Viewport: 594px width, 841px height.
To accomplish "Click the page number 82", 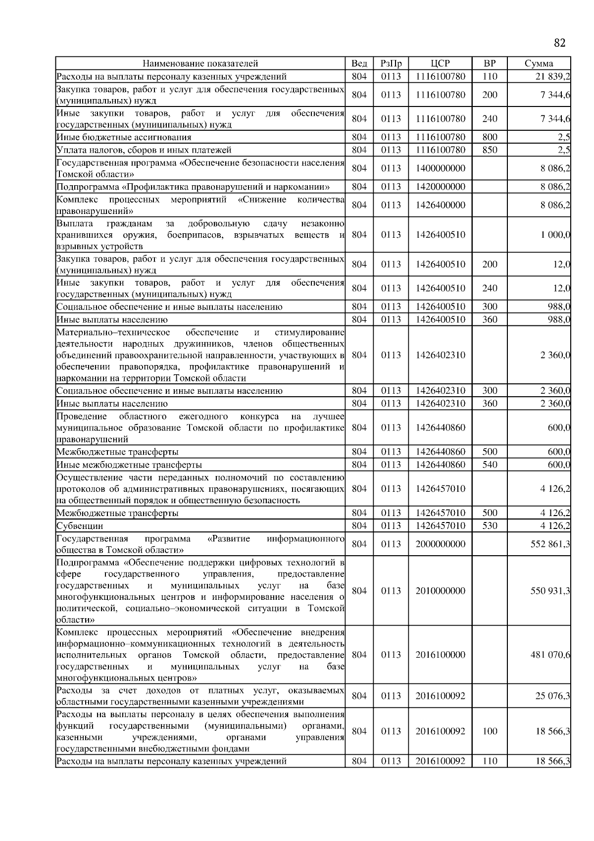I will pos(559,43).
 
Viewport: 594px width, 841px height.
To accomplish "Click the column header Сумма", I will pos(539,63).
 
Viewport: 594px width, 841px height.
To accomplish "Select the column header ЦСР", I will pos(440,63).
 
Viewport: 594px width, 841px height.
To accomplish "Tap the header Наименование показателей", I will pos(200,63).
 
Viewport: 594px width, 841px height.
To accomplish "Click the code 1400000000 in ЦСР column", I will pos(441,168).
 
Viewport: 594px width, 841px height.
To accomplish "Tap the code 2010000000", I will pos(441,590).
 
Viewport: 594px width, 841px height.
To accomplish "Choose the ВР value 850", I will pos(490,150).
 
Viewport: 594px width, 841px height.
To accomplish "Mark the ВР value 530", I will pos(490,526).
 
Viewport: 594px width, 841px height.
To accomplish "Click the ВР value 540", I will pos(490,465).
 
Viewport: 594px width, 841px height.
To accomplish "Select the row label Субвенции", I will pos(80,526).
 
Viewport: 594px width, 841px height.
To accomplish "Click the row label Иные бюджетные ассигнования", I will pos(124,137).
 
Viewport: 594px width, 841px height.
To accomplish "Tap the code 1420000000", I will pos(441,187).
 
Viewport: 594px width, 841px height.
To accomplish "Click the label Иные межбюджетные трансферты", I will pos(129,465).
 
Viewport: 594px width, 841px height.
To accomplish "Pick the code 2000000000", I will pos(441,544).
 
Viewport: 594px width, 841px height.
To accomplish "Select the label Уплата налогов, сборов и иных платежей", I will pos(144,150).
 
